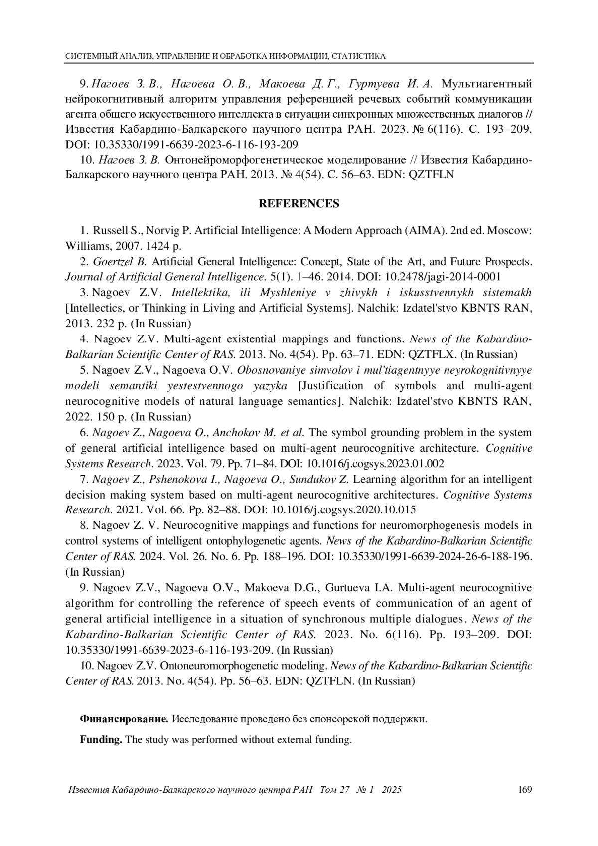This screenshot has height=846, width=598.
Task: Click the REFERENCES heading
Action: (x=299, y=204)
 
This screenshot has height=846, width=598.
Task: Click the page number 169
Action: (x=525, y=790)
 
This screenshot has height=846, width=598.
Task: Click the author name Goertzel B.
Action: (x=119, y=262)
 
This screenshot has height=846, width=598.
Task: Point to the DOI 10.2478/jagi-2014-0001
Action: (x=442, y=277)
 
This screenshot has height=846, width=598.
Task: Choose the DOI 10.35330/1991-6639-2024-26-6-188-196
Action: (x=435, y=556)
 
